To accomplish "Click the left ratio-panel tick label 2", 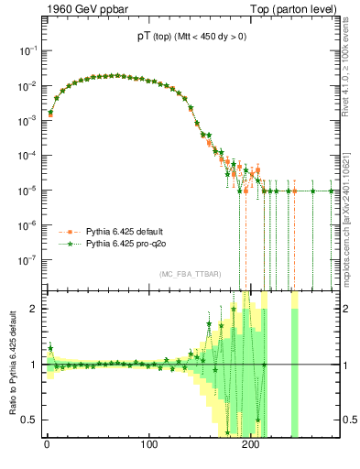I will click(x=31, y=309).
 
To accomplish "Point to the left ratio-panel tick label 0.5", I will click(x=28, y=420).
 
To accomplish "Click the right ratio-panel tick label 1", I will click(x=345, y=365).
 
